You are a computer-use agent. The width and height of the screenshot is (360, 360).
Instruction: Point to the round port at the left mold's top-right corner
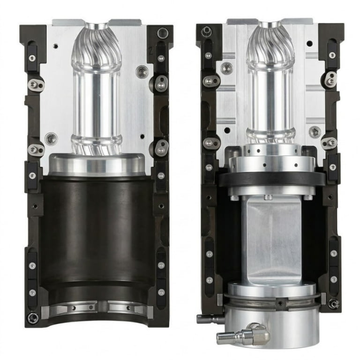coord(162,33)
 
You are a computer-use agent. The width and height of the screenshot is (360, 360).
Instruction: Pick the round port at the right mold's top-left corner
coord(206,31)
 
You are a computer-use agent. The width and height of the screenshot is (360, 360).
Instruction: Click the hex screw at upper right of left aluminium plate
coord(141,72)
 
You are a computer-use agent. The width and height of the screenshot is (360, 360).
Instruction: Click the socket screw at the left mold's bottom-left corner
coord(32,318)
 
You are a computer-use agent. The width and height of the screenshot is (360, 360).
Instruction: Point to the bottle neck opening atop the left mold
coord(97,23)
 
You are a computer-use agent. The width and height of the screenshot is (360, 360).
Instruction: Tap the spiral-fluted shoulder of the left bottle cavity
coord(97,52)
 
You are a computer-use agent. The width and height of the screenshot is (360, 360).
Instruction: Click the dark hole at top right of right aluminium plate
coord(309,44)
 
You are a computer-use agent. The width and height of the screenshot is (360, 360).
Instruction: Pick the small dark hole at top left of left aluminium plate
coord(56,46)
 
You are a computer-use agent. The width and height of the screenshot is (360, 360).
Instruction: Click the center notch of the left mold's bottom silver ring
coord(101,307)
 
